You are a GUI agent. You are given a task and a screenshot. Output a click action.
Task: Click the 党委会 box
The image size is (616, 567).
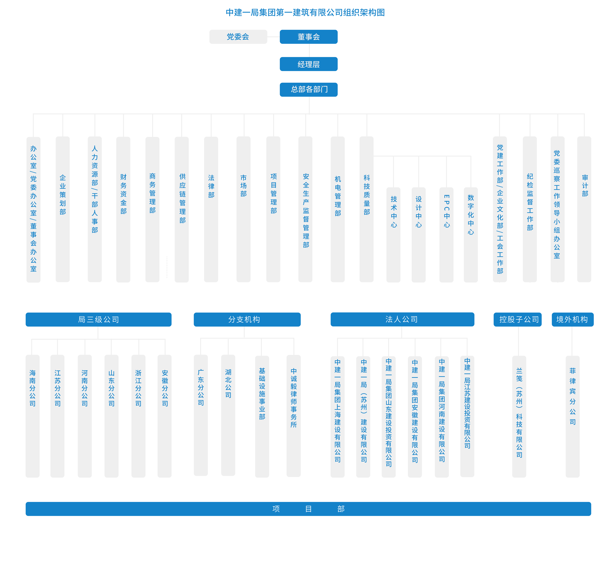coord(238,37)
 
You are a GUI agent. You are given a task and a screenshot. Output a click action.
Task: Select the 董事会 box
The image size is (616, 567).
coord(308,37)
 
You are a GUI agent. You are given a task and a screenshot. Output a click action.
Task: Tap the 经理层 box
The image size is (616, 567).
coord(308,64)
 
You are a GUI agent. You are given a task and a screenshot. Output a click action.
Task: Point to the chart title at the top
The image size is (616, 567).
coord(305,13)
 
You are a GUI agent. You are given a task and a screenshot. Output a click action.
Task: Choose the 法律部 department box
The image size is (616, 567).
coord(211,209)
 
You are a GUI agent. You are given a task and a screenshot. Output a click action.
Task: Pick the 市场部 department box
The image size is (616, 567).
coord(243,209)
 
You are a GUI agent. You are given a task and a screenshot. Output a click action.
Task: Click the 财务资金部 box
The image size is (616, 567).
coord(123,209)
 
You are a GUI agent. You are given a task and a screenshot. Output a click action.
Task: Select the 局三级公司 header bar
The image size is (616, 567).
coord(99,319)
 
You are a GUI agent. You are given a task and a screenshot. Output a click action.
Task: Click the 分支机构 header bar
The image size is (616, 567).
coord(247,319)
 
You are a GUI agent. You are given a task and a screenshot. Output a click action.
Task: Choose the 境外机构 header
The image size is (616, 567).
coord(572,319)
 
